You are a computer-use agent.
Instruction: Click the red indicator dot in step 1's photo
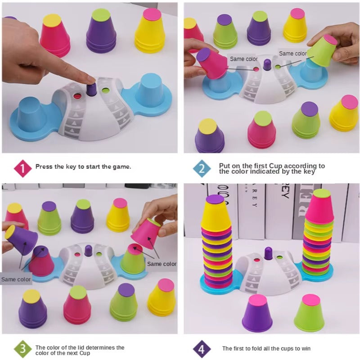pos(77,96)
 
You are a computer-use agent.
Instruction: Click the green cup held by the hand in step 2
pos(322,51)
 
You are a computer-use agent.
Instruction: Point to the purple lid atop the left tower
pos(215,199)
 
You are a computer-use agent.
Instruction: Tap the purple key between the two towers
pos(269,254)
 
